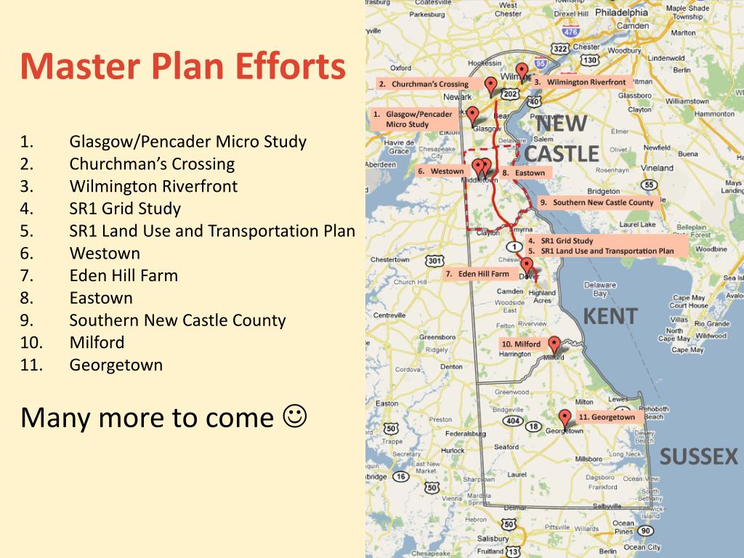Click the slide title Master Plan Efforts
coord(183,67)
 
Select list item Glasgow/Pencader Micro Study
coord(187,142)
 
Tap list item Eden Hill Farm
coord(124,275)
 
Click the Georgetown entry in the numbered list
coord(116,365)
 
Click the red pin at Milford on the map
coord(554,344)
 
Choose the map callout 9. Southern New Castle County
coord(598,203)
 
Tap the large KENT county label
coord(610,316)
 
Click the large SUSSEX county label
coord(699,457)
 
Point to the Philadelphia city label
coord(621,12)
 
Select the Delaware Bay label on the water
coord(595,289)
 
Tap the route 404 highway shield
coord(513,421)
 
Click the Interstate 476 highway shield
coord(571,32)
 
